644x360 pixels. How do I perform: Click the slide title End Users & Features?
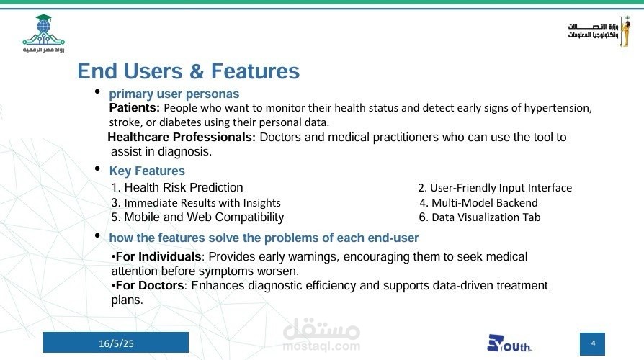pos(189,71)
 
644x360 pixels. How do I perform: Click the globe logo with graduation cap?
pos(43,34)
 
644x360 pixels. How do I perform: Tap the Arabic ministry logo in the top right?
pos(599,31)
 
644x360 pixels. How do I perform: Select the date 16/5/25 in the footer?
pos(116,343)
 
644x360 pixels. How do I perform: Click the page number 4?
pos(593,343)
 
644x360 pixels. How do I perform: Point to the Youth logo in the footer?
pos(509,343)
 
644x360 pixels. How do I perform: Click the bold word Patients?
pos(134,108)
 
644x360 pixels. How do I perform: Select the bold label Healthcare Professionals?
pos(182,137)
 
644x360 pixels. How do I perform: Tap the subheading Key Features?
pos(147,171)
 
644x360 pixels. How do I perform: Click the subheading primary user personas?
pos(174,94)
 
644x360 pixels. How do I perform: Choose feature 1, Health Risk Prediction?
pos(177,188)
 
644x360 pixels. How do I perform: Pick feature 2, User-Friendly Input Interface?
pos(495,188)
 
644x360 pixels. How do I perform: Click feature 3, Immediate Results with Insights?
pos(196,203)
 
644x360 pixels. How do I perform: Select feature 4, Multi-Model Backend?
pos(478,203)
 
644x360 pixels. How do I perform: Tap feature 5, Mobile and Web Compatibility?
pos(197,217)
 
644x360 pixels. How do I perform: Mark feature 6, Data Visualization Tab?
pos(480,217)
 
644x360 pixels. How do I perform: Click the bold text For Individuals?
pos(158,256)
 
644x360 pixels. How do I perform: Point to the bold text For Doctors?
pos(150,285)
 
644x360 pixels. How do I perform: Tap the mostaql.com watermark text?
pos(321,346)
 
